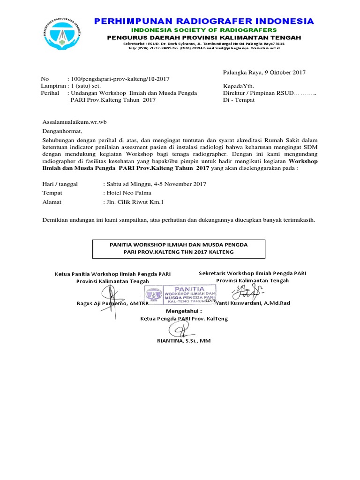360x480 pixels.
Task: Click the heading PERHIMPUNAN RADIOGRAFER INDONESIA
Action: point(204,21)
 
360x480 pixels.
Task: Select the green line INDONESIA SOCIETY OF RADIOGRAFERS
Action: point(204,30)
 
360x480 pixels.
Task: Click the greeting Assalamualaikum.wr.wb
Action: point(75,122)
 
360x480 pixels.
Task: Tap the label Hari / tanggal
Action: point(60,184)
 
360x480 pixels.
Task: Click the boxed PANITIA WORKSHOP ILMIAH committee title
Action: point(178,248)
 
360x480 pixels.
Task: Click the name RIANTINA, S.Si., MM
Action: point(184,341)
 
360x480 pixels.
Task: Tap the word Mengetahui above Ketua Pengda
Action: point(183,310)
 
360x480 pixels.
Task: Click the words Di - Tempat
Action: point(239,100)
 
